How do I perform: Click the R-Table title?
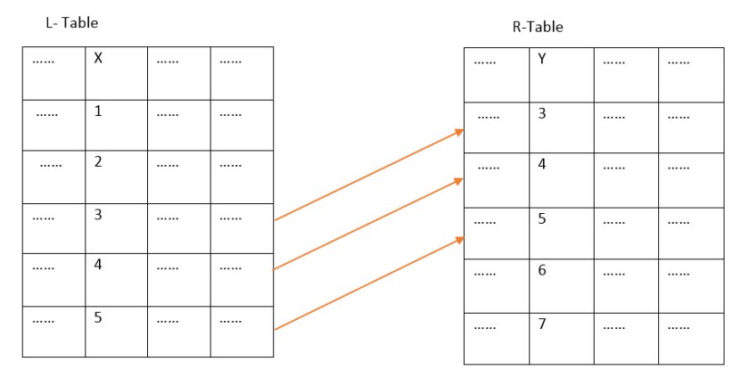coord(537,28)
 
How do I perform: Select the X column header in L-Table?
coord(98,61)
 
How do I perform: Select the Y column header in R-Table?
coord(542,61)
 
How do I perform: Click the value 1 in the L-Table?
coord(98,111)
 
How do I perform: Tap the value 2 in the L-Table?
coord(98,162)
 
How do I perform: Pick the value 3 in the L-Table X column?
coord(98,214)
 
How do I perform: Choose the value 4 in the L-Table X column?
coord(98,265)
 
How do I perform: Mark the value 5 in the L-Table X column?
coord(98,316)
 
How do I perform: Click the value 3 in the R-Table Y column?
coord(542,113)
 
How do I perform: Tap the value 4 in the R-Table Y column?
coord(542,165)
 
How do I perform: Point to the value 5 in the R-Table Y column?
coord(542,218)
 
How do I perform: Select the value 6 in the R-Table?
coord(542,270)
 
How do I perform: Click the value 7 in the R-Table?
coord(542,322)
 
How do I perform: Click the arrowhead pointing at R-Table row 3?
coord(460,132)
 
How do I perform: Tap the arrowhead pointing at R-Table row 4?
coord(460,181)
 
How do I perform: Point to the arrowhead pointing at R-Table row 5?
coord(460,239)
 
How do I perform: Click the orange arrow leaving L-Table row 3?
coord(366,176)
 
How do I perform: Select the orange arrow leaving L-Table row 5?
coord(366,284)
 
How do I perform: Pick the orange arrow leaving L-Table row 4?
coord(366,224)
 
